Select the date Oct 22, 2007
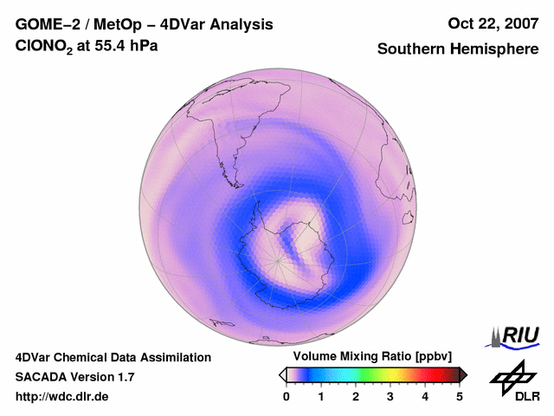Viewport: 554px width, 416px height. click(493, 24)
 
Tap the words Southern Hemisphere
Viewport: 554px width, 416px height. click(458, 49)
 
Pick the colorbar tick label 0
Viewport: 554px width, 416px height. click(287, 396)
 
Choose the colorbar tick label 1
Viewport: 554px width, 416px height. click(321, 396)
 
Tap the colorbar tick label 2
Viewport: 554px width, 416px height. click(356, 396)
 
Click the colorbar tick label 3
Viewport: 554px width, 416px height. click(390, 396)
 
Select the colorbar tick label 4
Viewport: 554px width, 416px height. click(425, 396)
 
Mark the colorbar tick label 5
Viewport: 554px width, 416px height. click(460, 396)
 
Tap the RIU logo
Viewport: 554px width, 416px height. click(514, 335)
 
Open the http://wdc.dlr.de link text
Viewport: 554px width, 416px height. click(62, 397)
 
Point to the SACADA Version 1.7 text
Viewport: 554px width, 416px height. click(74, 377)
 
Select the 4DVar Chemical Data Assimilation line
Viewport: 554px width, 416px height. click(113, 357)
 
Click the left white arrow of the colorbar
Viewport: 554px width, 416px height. click(282, 374)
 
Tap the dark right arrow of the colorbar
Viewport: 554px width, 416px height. click(463, 374)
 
